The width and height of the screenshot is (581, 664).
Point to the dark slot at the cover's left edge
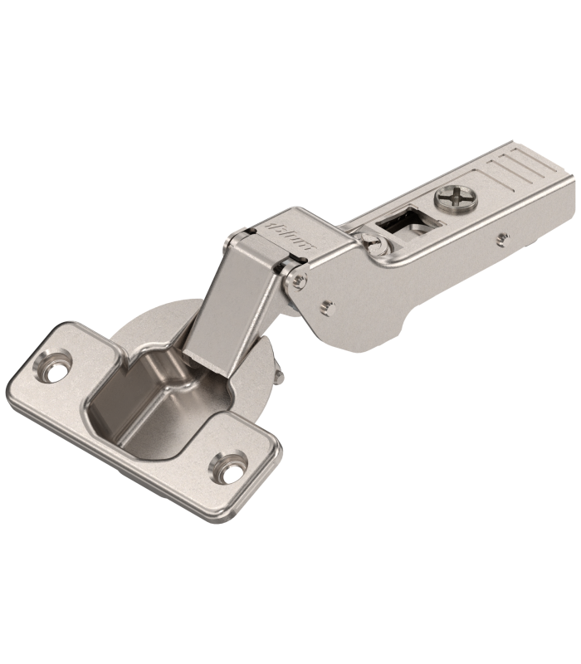point(250,229)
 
